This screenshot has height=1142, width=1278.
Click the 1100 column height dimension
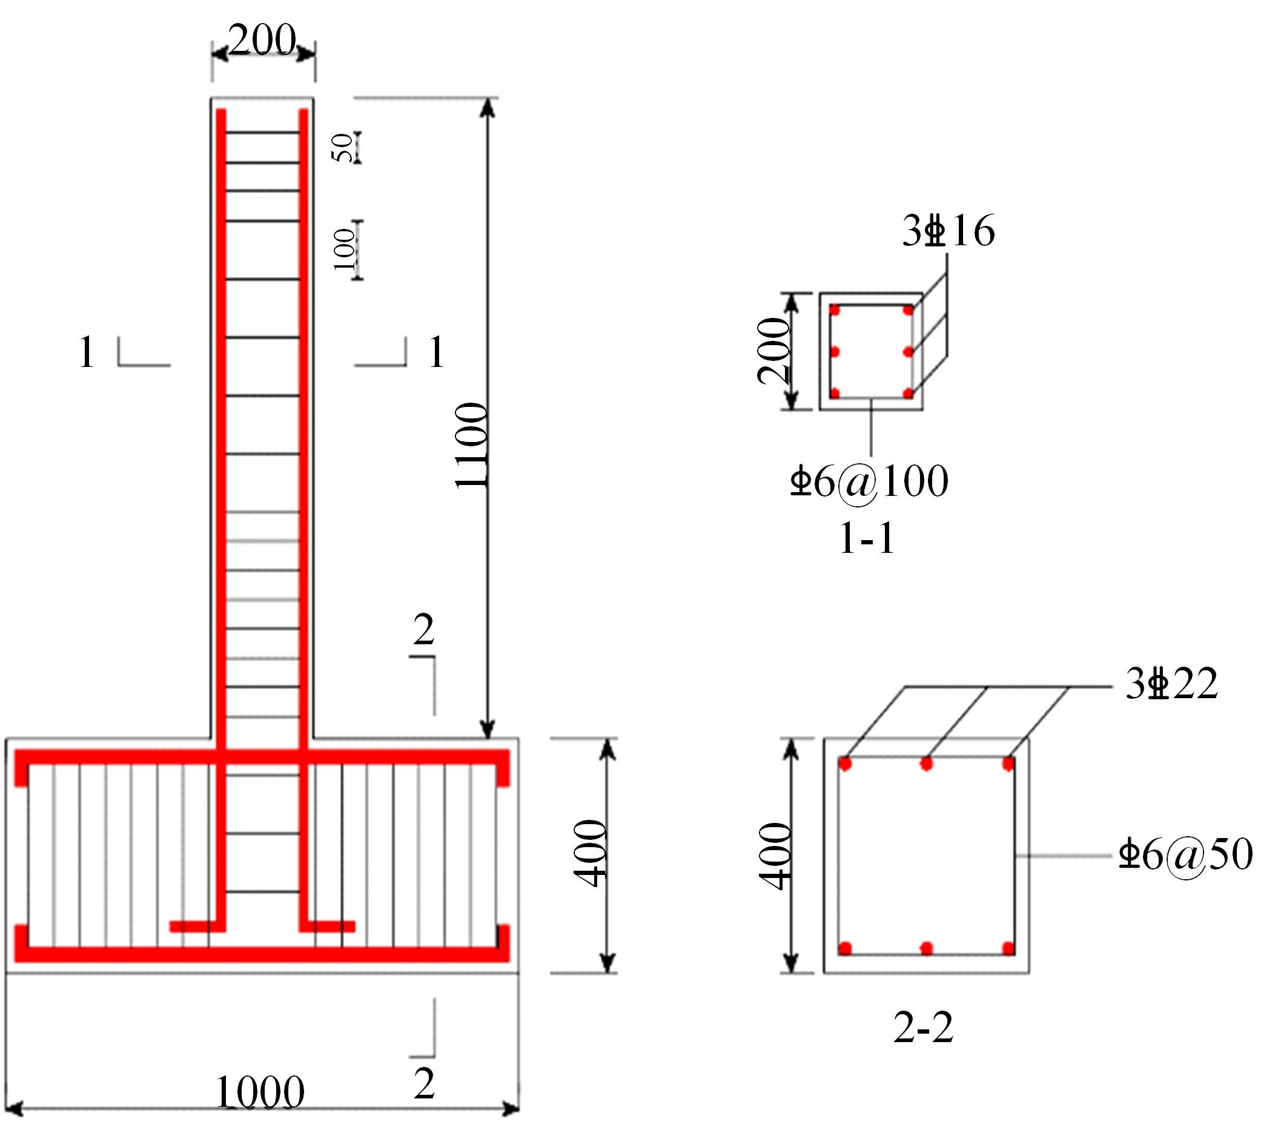(x=471, y=445)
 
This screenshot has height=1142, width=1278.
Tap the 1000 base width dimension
(x=260, y=1092)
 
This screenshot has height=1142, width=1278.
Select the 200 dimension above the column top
(x=262, y=40)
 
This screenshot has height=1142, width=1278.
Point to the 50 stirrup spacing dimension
(x=343, y=148)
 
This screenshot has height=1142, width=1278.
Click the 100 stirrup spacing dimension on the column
(x=344, y=249)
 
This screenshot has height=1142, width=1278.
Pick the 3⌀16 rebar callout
(x=949, y=231)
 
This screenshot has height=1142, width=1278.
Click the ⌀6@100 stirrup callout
(x=869, y=482)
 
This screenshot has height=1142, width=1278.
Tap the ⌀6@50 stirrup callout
(x=1186, y=854)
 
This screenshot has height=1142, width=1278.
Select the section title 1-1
(x=867, y=538)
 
